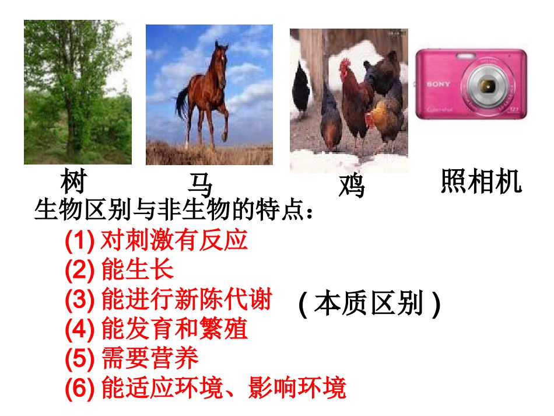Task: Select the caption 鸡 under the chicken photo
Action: click(x=352, y=187)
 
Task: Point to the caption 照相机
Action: click(x=481, y=181)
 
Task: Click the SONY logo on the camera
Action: click(x=439, y=85)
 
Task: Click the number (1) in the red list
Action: click(x=79, y=240)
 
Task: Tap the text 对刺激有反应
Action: click(x=174, y=240)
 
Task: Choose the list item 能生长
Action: click(x=138, y=270)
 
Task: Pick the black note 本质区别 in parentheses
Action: click(x=369, y=304)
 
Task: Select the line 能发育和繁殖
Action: click(x=174, y=329)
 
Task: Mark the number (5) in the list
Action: click(x=79, y=359)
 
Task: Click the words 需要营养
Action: click(x=150, y=359)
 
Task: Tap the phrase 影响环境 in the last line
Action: click(x=297, y=388)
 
